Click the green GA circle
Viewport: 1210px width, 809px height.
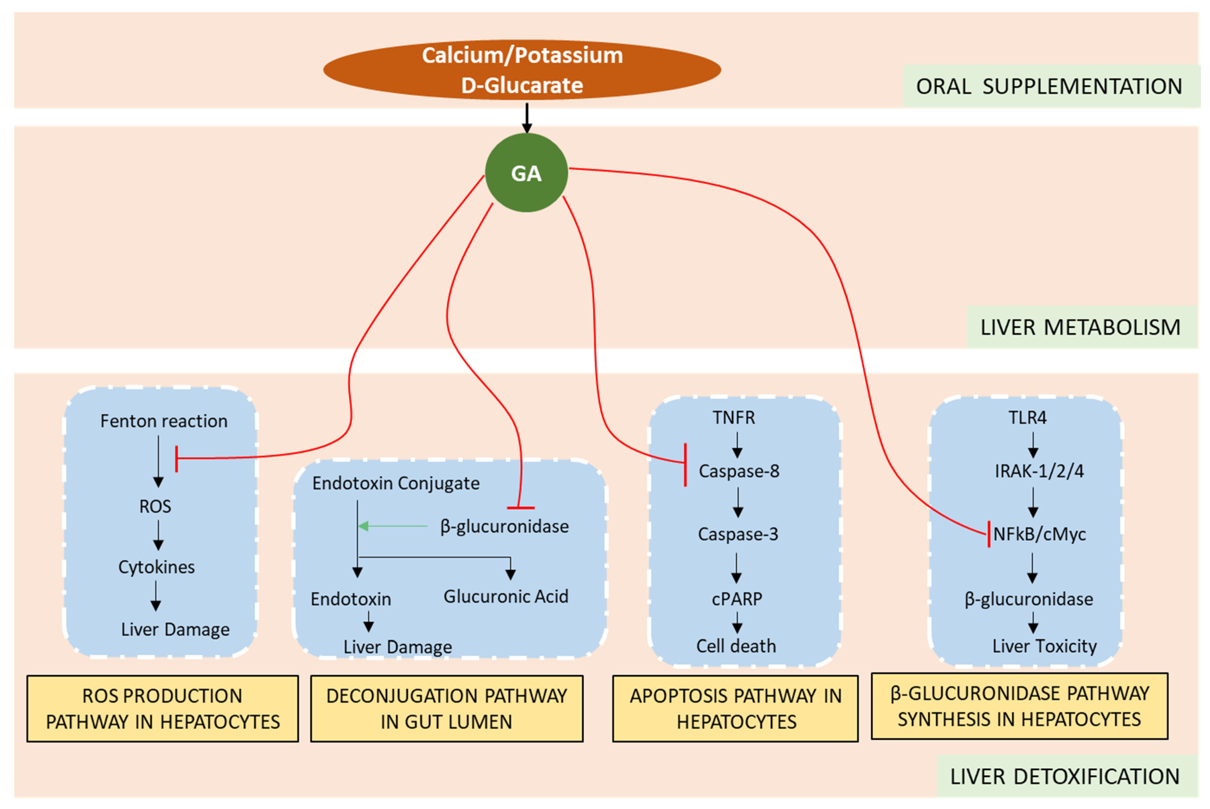click(526, 173)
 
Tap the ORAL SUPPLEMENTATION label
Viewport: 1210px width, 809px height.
click(1049, 86)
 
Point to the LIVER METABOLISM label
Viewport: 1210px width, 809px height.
click(1080, 327)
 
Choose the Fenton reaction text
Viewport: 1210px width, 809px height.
click(164, 421)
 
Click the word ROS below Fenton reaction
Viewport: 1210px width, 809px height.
click(155, 506)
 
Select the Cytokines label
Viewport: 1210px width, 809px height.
click(157, 567)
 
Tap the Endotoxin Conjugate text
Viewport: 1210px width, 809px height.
click(396, 483)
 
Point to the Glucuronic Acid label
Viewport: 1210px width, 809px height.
click(506, 596)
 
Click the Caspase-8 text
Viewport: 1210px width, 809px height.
click(738, 471)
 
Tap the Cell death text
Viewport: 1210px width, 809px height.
click(736, 646)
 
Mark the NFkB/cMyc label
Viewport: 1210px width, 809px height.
click(1039, 534)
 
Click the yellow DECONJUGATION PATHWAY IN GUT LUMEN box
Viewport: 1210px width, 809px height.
click(447, 708)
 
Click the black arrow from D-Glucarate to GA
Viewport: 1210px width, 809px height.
click(527, 118)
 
